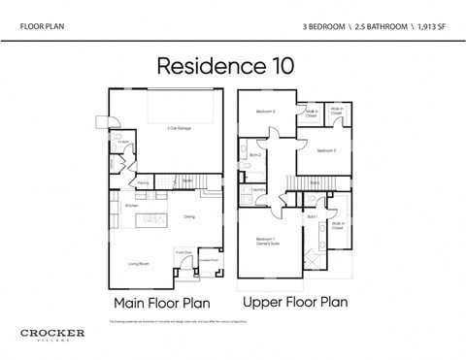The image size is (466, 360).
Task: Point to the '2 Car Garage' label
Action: [178, 128]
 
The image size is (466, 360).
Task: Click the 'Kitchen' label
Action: [131, 206]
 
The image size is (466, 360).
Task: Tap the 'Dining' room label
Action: [189, 216]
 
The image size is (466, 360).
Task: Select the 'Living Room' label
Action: [139, 262]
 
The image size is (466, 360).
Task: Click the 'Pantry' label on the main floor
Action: [143, 182]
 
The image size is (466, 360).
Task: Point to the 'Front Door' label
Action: [183, 252]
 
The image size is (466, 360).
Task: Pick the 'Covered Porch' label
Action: [208, 259]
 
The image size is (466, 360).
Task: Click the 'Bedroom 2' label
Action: [266, 112]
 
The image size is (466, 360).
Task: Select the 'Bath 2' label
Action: [255, 155]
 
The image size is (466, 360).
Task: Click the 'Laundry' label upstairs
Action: [258, 189]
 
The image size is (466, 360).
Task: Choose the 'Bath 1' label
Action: [313, 216]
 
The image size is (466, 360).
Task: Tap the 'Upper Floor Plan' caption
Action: [294, 302]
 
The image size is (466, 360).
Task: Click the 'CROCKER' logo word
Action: [52, 333]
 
